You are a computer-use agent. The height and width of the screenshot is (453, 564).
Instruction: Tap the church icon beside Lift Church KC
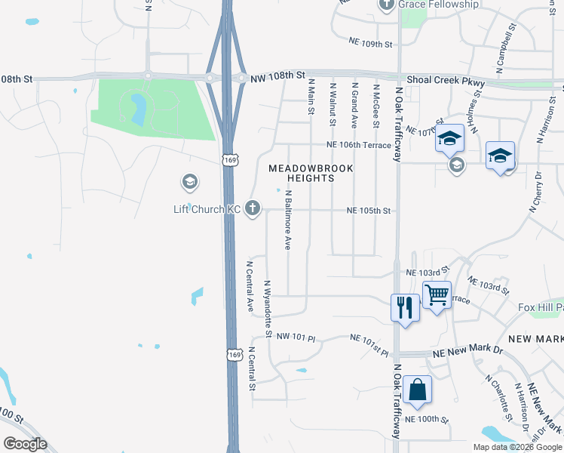tap(253, 208)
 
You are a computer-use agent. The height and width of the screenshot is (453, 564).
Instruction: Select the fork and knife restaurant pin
tap(405, 307)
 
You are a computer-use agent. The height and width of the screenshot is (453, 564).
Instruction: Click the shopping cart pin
tap(437, 294)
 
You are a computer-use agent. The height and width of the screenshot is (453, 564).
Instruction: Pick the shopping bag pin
tap(417, 390)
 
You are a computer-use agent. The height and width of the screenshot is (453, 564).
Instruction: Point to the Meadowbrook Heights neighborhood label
tap(302, 173)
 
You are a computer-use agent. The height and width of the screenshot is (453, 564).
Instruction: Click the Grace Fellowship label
tap(439, 5)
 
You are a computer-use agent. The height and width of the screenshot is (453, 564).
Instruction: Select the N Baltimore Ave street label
tap(287, 219)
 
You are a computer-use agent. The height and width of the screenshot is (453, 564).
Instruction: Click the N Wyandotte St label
tap(267, 308)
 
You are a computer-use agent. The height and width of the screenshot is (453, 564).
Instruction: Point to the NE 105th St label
tap(369, 211)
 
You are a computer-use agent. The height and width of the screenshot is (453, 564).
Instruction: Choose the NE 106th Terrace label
tap(359, 145)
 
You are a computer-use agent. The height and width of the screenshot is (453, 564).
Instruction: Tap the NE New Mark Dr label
tap(467, 352)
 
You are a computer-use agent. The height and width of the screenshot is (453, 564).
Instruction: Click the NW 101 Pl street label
tap(293, 336)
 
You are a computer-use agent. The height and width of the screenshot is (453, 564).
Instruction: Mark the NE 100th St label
tap(427, 419)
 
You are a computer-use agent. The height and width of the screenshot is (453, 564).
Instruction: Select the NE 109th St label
tap(372, 44)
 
